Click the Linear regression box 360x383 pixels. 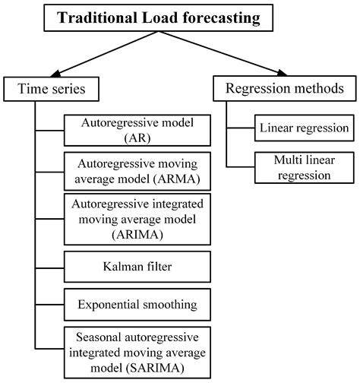point(301,128)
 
